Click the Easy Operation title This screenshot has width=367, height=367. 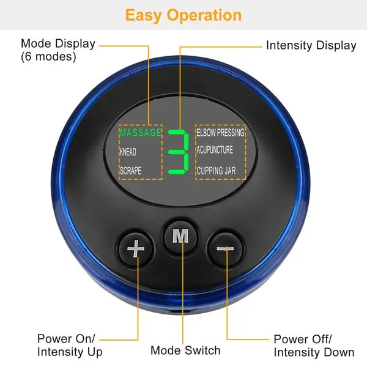click(183, 15)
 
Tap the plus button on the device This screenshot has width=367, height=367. click(135, 248)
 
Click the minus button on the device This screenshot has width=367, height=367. click(226, 248)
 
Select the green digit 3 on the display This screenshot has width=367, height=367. click(179, 152)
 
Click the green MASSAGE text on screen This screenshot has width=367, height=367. click(140, 133)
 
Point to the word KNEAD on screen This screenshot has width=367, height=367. click(128, 152)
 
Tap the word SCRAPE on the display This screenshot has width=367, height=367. click(130, 171)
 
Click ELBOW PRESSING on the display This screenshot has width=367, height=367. click(220, 132)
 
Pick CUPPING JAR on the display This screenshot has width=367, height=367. click(216, 171)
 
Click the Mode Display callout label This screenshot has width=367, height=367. click(58, 43)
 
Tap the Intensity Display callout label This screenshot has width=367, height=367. click(311, 45)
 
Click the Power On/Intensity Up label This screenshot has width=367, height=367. click(70, 345)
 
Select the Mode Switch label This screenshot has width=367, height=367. click(185, 350)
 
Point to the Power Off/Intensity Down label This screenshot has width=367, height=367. click(314, 346)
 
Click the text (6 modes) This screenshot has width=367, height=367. click(48, 56)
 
